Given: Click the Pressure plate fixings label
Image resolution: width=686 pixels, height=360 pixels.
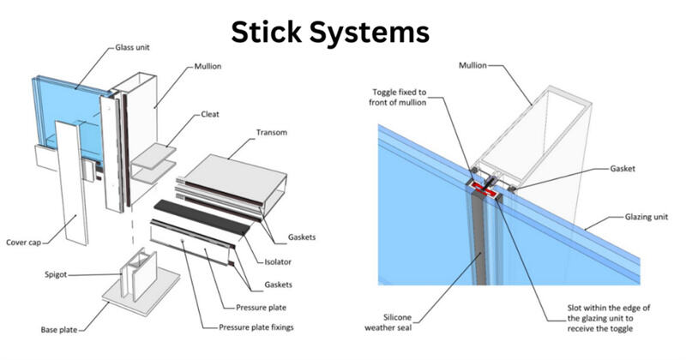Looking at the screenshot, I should (x=256, y=327).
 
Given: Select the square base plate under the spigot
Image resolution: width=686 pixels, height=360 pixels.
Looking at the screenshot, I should (x=141, y=291).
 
